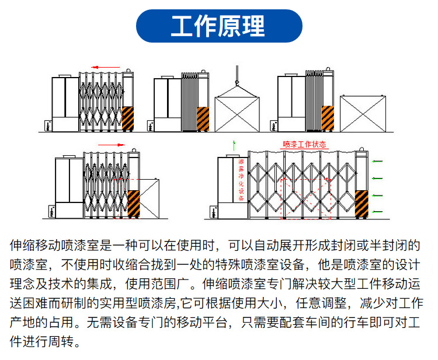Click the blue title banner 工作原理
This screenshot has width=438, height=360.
(219, 26)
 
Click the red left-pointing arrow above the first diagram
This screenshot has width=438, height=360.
(106, 67)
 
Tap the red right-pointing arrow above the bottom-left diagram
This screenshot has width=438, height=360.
(111, 145)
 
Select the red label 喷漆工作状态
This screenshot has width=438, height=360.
(304, 144)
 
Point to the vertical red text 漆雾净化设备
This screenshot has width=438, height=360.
(241, 180)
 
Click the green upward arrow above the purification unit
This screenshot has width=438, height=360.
(234, 146)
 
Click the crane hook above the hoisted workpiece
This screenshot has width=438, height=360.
(237, 82)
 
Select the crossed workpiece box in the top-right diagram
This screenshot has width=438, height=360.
(363, 113)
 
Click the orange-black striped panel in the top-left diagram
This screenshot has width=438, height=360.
(128, 118)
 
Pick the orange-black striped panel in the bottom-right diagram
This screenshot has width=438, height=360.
(361, 204)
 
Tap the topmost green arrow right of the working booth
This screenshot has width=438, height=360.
(377, 161)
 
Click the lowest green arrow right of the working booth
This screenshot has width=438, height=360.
(377, 212)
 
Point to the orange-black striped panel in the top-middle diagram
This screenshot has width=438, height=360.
(203, 119)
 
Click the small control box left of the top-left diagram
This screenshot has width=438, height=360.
(48, 126)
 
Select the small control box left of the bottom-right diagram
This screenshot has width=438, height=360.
(214, 212)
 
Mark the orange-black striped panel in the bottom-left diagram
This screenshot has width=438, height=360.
(134, 204)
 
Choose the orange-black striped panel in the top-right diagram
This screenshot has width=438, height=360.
(328, 118)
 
